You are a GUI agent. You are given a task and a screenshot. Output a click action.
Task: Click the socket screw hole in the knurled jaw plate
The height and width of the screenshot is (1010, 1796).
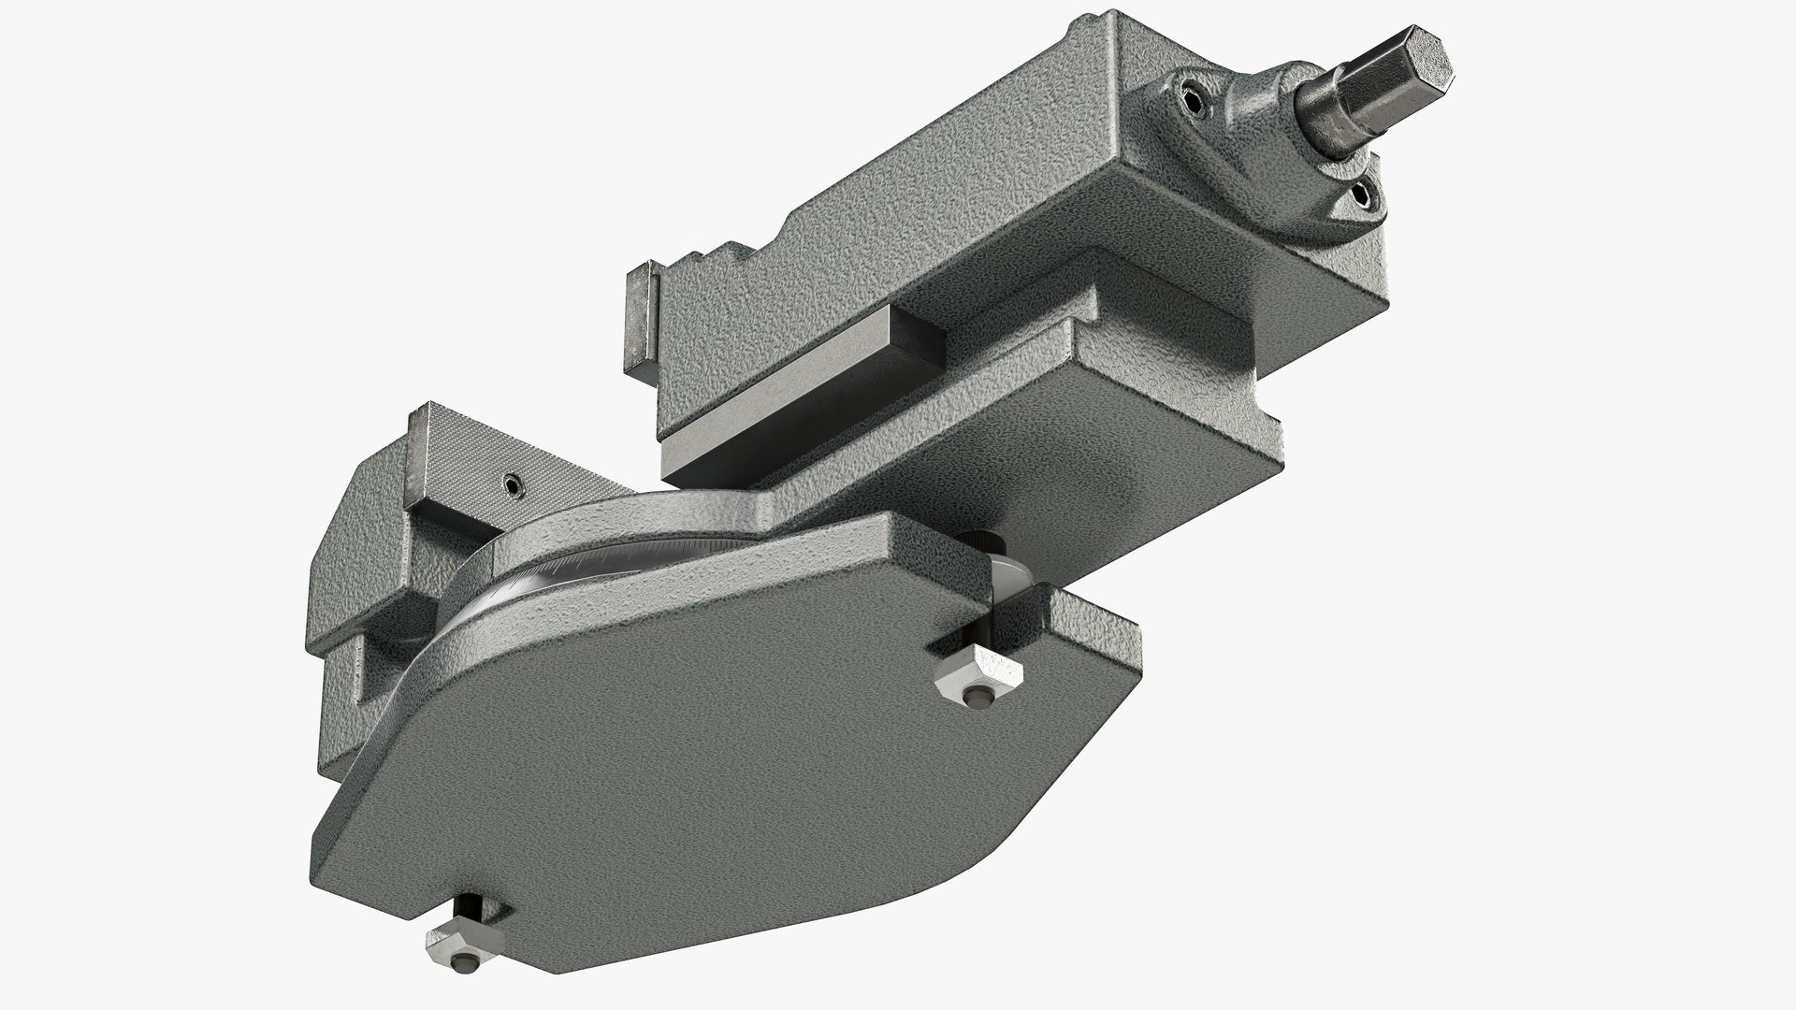point(512,483)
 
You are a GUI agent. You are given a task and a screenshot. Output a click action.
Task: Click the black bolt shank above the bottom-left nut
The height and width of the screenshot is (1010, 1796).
point(470,913)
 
